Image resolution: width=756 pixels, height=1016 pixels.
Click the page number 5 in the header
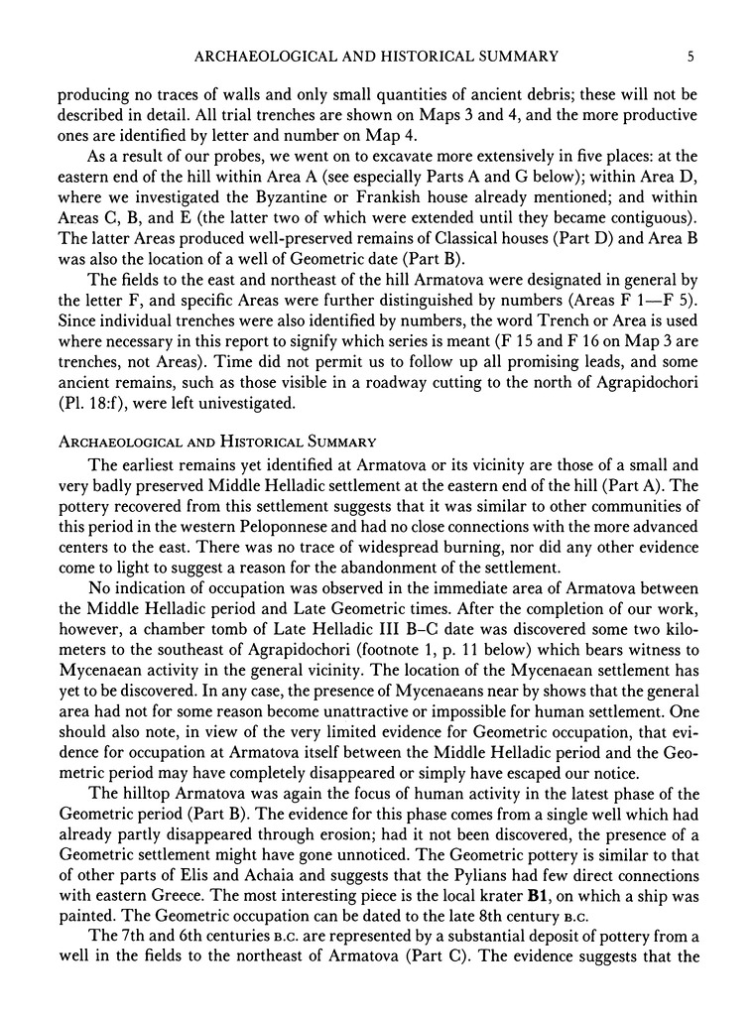coord(691,57)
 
